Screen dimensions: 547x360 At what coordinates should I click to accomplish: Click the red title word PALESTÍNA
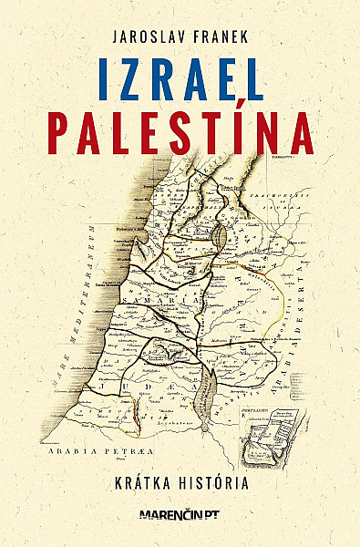[180, 132]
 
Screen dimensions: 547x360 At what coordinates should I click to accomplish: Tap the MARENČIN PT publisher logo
[180, 515]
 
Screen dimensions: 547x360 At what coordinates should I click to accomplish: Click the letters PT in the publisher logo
[212, 515]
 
